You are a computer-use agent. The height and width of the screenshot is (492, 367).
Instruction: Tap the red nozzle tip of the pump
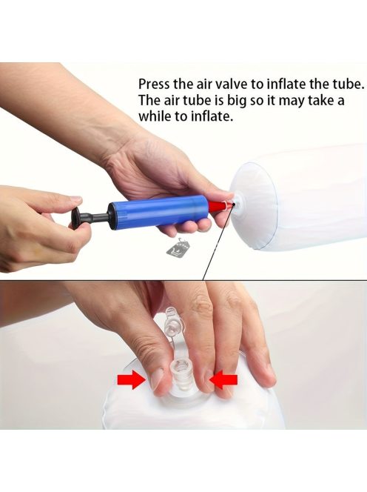tap(223, 206)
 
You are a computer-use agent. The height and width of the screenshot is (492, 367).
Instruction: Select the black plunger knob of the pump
tap(75, 219)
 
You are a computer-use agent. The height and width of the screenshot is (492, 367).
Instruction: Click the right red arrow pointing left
tap(223, 380)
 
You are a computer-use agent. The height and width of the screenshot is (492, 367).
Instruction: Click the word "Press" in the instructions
tap(154, 84)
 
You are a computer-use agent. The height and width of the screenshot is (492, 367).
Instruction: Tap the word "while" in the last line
tap(155, 116)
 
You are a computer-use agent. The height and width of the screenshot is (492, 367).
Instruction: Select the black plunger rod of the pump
tap(95, 217)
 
